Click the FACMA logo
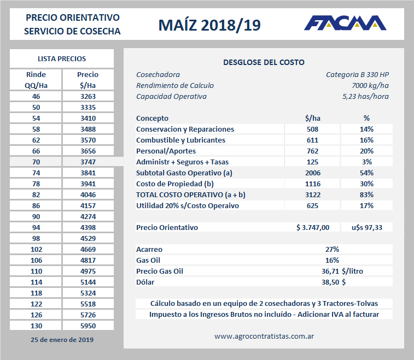click(x=345, y=23)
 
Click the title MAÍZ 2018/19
click(x=209, y=25)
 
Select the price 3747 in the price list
click(x=88, y=162)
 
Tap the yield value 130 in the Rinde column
click(x=36, y=326)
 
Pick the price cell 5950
click(x=88, y=326)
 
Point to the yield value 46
click(x=36, y=96)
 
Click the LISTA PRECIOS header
click(x=61, y=59)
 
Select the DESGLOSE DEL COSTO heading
click(x=264, y=62)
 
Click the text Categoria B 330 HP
click(x=357, y=74)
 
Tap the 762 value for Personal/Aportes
click(x=312, y=151)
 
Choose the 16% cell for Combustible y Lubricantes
click(x=366, y=140)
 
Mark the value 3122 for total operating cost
click(x=312, y=194)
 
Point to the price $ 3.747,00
click(x=312, y=227)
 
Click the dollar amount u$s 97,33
click(x=366, y=227)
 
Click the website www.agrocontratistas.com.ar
click(x=264, y=337)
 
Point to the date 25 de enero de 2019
click(x=61, y=340)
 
